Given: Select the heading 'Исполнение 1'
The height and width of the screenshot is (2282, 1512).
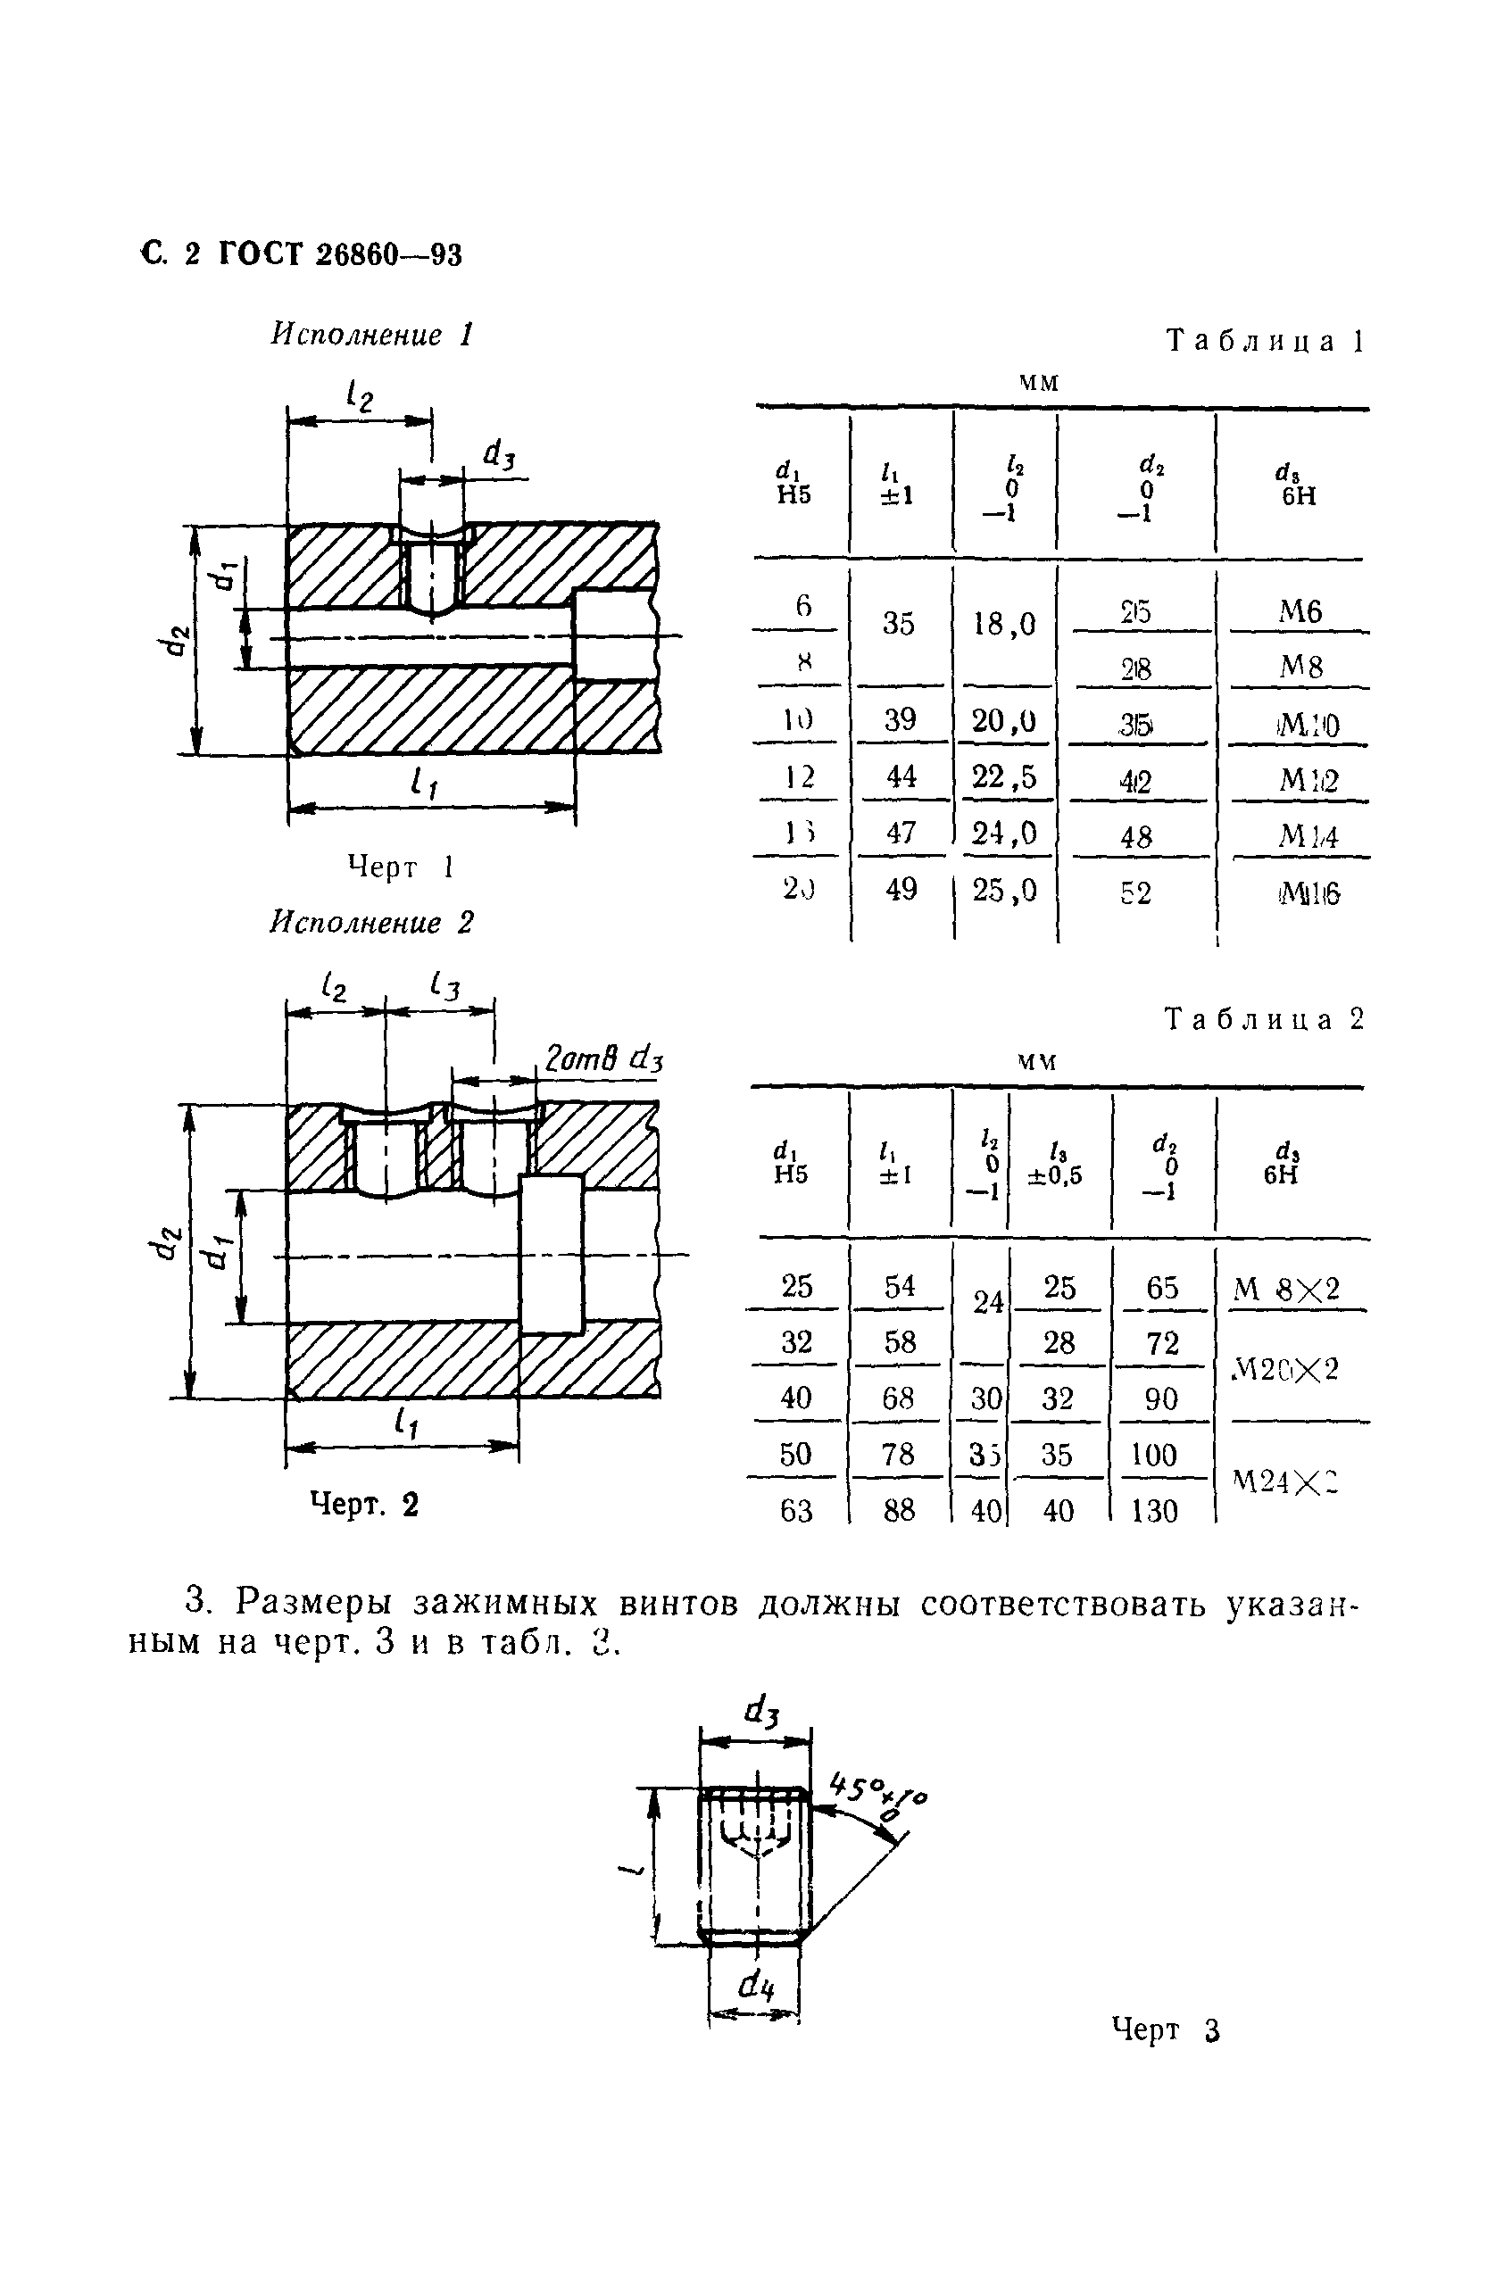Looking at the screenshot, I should [372, 335].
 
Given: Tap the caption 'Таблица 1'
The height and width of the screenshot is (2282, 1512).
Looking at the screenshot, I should [1264, 340].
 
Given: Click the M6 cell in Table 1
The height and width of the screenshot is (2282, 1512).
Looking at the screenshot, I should [1300, 611].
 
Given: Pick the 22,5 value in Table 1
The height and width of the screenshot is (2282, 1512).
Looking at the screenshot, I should [1004, 777].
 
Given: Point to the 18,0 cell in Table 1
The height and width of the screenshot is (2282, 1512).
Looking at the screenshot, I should [1004, 625].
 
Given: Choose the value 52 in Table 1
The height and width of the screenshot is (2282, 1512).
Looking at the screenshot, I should [1136, 893].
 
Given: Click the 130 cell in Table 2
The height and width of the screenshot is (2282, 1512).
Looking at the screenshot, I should [1154, 1510].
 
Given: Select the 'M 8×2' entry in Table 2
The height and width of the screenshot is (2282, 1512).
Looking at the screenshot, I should [1287, 1289].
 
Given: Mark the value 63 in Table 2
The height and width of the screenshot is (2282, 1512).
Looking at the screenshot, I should [795, 1510].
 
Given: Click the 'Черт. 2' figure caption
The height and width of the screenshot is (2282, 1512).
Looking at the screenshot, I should [364, 1504].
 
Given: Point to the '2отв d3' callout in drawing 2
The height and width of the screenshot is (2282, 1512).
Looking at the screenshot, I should [603, 1059].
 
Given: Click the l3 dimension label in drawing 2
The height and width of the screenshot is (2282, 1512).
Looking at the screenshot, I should [445, 986].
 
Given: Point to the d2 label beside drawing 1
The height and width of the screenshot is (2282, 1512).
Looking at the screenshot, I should [176, 640].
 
